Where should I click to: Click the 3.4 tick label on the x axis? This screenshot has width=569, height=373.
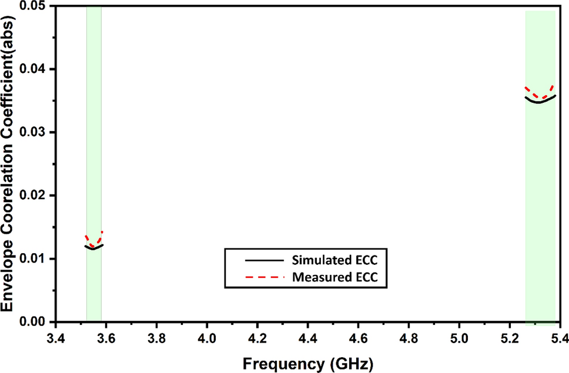[x=56, y=339]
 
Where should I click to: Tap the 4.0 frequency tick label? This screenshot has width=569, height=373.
[x=207, y=339]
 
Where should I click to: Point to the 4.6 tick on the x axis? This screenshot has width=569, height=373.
[x=358, y=339]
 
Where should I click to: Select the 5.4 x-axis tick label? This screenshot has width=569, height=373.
[x=559, y=339]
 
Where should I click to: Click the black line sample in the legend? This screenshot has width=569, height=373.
[x=254, y=258]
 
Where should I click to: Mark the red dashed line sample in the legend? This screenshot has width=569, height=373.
[x=254, y=276]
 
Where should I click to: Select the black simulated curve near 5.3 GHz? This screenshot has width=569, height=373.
[x=539, y=102]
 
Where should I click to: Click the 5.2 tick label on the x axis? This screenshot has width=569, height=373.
[x=509, y=339]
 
